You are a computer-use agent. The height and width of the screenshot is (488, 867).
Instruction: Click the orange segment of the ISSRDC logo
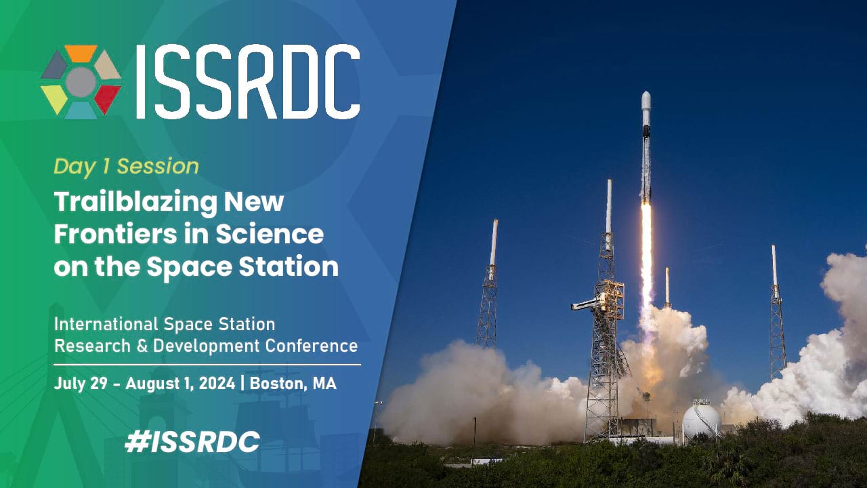81,53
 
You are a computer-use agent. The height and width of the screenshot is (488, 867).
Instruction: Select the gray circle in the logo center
81,82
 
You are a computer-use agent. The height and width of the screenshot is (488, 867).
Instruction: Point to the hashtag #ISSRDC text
192,441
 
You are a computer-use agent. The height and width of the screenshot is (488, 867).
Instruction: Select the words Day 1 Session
126,167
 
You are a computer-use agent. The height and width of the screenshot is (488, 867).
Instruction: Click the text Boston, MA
293,384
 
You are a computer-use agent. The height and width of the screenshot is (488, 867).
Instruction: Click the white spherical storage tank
701,420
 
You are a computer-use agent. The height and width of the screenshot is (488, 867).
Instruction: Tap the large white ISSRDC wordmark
248,81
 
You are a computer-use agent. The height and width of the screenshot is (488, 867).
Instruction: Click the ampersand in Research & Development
142,346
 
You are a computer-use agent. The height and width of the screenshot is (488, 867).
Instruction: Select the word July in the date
69,384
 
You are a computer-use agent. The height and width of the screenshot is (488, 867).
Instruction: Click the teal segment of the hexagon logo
81,110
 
